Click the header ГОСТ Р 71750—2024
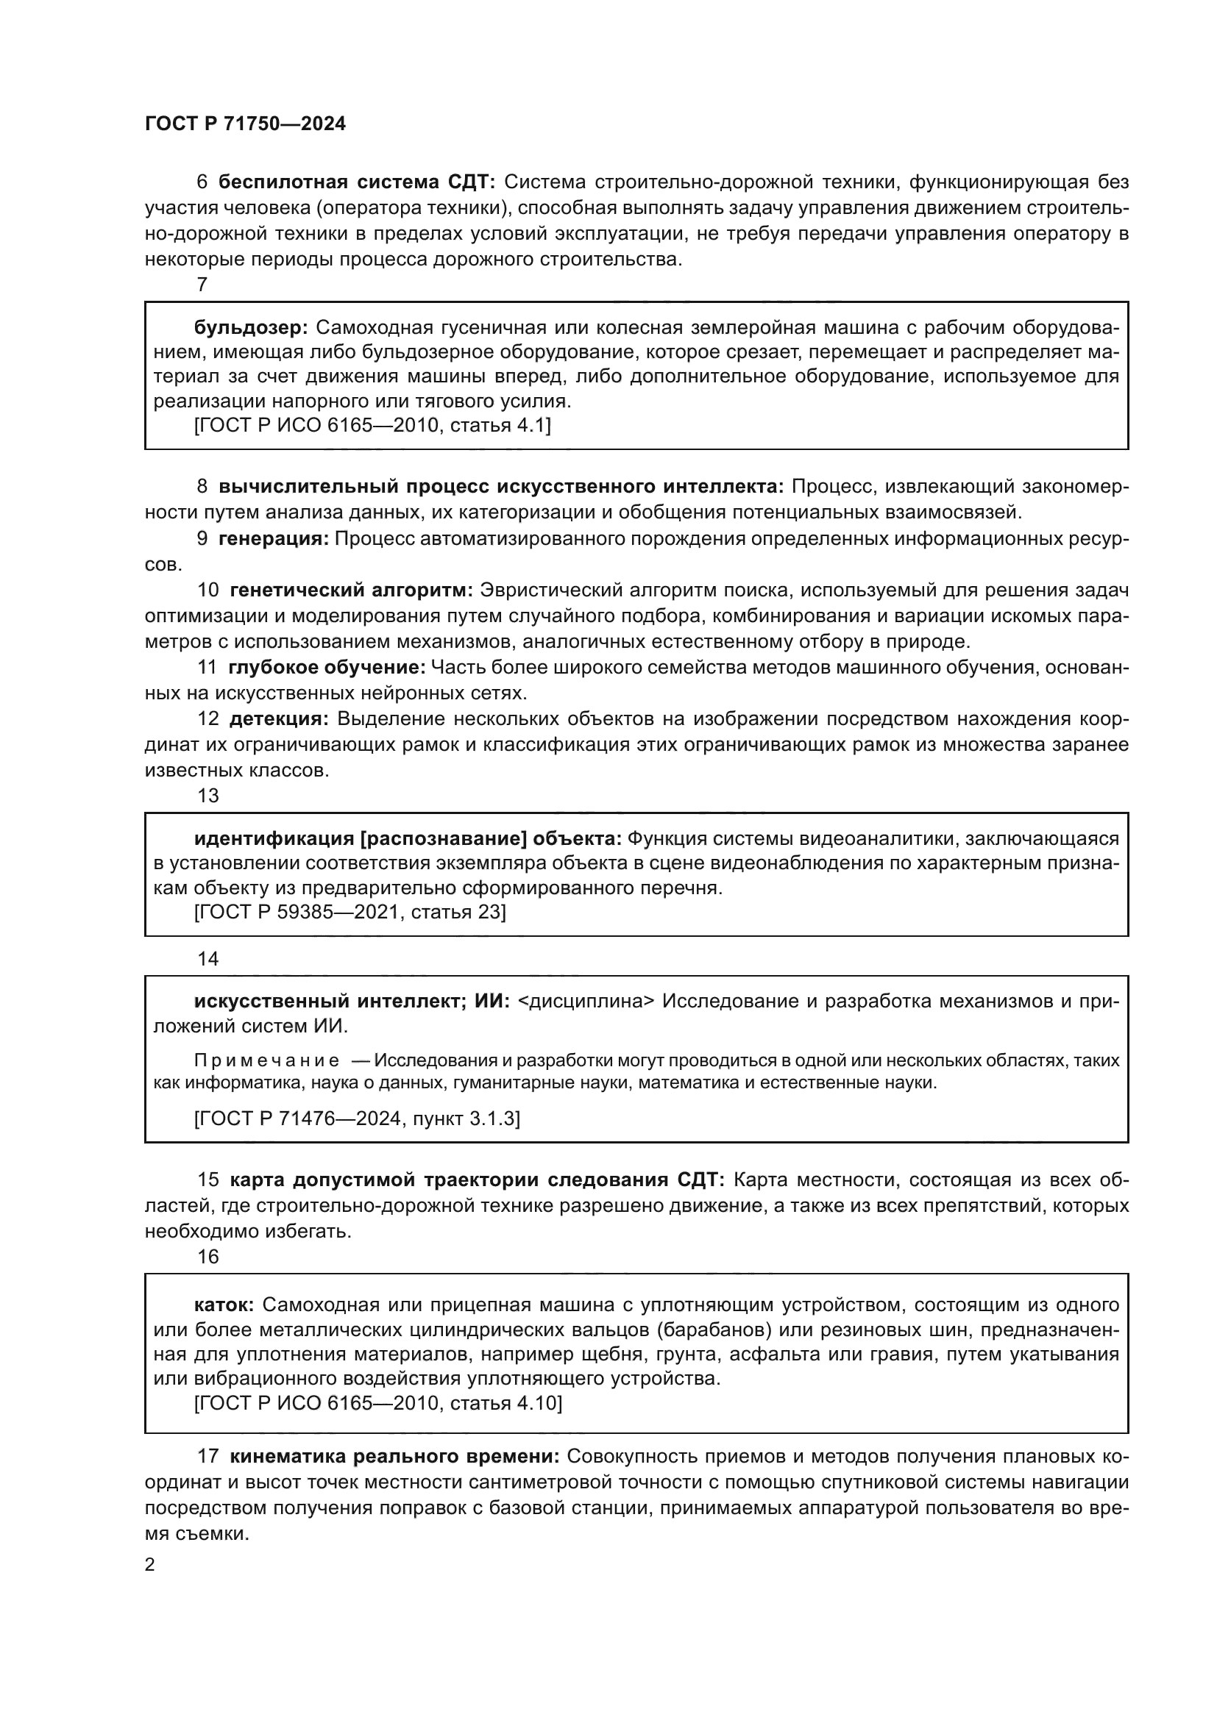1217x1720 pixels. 245,124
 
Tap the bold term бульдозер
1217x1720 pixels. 249,327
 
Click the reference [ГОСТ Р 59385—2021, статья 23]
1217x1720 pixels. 350,912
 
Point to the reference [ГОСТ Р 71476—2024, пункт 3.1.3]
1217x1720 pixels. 357,1118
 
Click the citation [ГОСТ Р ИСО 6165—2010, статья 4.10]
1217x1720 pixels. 377,1403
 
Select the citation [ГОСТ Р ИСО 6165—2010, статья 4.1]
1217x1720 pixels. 372,426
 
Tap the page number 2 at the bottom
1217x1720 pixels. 150,1564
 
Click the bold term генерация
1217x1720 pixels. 274,538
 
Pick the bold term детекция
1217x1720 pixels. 279,718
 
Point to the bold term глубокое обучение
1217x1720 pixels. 327,667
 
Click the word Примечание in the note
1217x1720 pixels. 266,1060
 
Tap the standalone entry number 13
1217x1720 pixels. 207,796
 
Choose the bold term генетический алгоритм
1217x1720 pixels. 351,590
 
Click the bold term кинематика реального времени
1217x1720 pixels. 394,1456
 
